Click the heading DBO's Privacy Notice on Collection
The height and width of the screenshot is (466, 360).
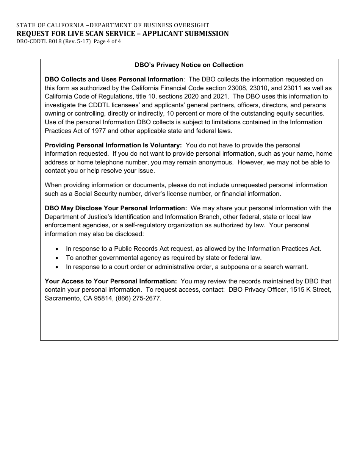(189, 65)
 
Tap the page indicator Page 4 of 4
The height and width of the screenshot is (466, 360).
(107, 42)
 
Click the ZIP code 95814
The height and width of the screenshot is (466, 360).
(108, 298)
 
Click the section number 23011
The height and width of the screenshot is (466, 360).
(287, 88)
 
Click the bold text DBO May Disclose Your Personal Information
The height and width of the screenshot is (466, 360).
(116, 208)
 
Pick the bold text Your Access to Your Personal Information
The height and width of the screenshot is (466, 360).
(111, 281)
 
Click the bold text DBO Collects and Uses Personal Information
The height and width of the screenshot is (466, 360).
(114, 79)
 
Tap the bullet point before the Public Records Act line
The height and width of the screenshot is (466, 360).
(57, 249)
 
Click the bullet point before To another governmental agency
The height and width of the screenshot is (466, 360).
(57, 258)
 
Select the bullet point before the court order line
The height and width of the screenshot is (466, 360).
(57, 267)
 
